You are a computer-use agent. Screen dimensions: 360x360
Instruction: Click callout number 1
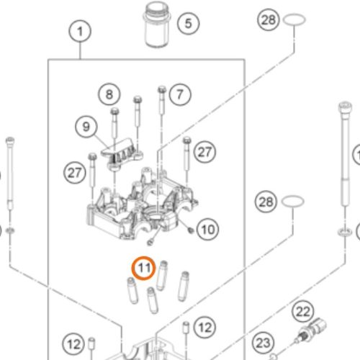pos(80,31)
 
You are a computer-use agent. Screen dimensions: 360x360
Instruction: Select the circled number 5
pos(188,23)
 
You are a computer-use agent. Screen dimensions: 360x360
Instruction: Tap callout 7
pos(180,93)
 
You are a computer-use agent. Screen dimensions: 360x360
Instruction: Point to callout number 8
pos(109,94)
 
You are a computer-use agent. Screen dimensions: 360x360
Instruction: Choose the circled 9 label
pos(86,127)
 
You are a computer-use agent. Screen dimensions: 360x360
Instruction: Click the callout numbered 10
pos(207,230)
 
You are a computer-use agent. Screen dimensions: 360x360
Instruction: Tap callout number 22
pos(303,312)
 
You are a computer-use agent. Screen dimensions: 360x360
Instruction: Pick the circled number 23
pos(264,342)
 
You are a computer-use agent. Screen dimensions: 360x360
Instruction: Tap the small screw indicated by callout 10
pos(188,231)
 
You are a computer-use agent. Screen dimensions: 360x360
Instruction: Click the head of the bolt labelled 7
pos(161,89)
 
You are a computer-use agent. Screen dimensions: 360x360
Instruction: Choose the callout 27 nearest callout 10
pos(206,151)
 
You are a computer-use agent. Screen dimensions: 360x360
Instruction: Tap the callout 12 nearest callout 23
pos(205,326)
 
